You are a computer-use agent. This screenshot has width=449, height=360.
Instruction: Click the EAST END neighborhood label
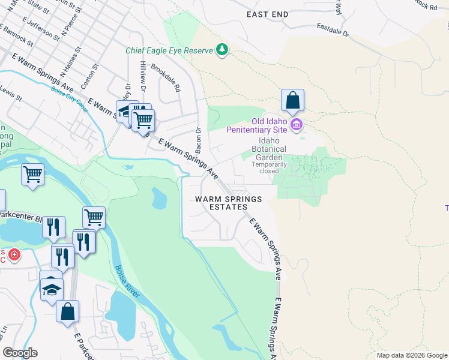coord(268,14)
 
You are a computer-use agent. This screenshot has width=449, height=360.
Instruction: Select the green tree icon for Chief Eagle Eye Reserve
coord(223,49)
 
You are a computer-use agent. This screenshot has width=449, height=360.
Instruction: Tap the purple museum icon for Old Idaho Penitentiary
coord(296,125)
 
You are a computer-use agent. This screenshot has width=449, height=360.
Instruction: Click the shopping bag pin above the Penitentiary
coord(292,100)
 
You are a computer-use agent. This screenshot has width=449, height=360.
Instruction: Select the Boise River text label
coord(127,283)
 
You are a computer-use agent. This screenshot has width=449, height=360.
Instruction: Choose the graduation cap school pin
coord(52,287)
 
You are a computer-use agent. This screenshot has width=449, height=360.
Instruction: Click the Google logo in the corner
coord(20,353)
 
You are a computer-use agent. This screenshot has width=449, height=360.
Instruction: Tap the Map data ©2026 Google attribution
coord(412,355)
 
